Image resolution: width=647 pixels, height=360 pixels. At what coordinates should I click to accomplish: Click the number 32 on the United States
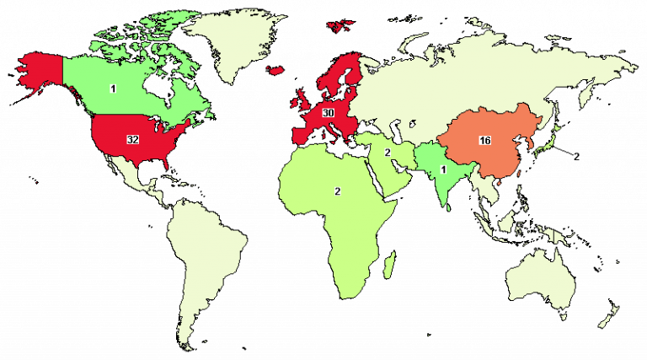(x=132, y=139)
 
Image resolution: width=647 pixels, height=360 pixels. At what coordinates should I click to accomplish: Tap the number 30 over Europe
(x=329, y=113)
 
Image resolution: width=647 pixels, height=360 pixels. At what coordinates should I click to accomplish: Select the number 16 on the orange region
(x=484, y=140)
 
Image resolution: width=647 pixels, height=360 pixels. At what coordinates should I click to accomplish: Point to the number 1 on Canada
(x=112, y=88)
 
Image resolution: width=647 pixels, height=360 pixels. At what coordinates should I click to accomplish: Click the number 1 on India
(x=443, y=169)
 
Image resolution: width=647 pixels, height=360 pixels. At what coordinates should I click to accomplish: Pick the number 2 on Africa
(x=337, y=191)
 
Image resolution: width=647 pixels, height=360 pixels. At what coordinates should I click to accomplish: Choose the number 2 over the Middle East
(x=388, y=153)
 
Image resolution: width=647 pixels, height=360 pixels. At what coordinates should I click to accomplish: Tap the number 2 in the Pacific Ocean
(x=576, y=156)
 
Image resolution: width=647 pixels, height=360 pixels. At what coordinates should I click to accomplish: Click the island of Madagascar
(x=389, y=268)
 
